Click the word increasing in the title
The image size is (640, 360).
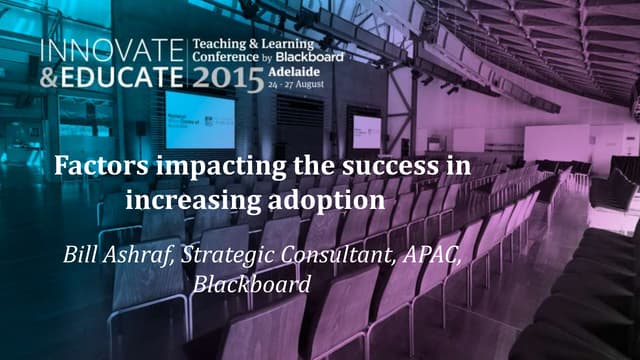tap(193, 198)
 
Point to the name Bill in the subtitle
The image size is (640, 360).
tap(81, 251)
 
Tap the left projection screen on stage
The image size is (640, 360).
tap(200, 120)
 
